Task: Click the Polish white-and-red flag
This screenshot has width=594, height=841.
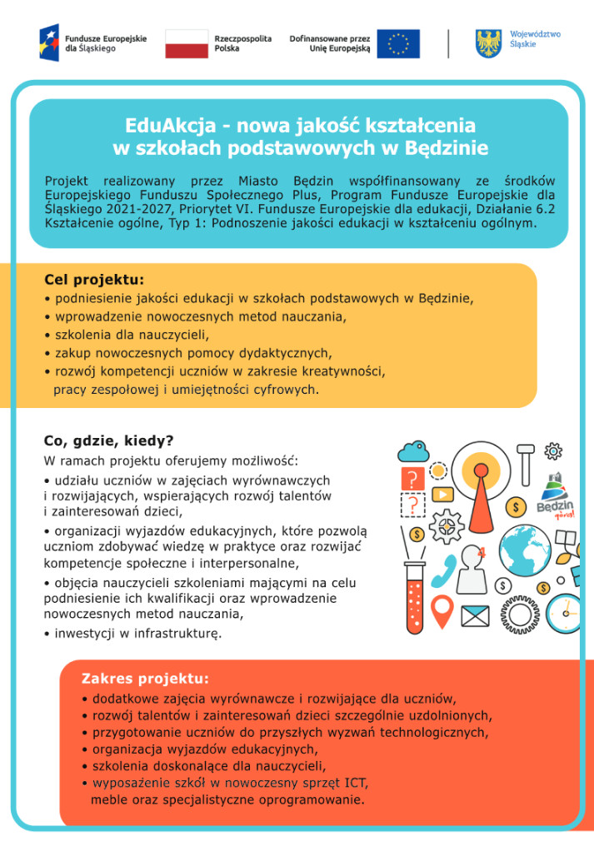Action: [186, 43]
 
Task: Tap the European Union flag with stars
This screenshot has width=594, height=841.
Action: [398, 43]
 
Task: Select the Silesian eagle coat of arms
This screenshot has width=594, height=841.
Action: [488, 43]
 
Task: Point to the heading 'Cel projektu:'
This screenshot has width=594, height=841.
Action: [94, 280]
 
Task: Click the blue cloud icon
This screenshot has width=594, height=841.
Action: [412, 452]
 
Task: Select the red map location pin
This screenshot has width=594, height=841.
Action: [442, 609]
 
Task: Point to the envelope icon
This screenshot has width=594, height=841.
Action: [475, 616]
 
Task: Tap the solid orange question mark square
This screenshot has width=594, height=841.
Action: [412, 479]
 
